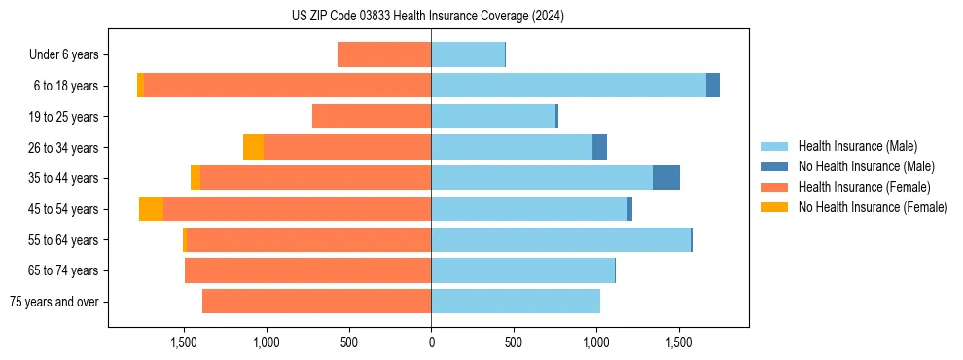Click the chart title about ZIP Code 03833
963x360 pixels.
(x=428, y=17)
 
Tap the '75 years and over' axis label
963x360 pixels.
(x=54, y=302)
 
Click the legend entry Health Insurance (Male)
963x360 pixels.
(x=857, y=146)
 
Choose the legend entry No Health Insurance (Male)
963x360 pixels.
(x=866, y=166)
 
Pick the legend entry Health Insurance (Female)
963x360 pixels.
(x=864, y=187)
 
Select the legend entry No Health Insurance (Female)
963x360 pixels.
(x=873, y=207)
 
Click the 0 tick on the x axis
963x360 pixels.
(x=431, y=342)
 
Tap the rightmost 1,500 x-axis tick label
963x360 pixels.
(x=678, y=342)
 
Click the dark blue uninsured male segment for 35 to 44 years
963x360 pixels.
(x=666, y=178)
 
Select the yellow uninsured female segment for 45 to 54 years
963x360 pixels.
(x=151, y=209)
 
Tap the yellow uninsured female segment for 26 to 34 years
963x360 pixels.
(x=253, y=147)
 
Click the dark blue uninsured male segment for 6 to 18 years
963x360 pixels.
(x=713, y=86)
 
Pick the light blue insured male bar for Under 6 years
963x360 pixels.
(x=468, y=55)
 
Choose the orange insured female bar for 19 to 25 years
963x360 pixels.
(x=372, y=117)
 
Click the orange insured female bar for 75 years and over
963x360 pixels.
(x=316, y=302)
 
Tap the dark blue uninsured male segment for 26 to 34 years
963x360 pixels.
(x=599, y=147)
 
